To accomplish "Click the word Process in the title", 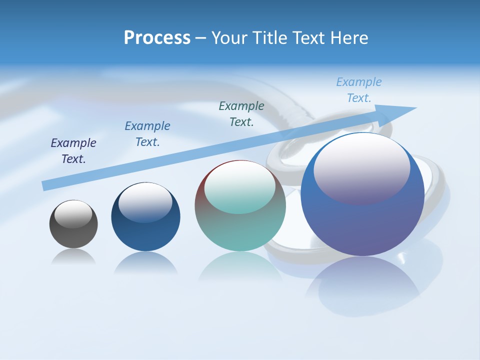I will click(x=157, y=38).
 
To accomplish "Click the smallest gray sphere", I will click(x=73, y=232).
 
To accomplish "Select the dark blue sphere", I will click(x=145, y=230).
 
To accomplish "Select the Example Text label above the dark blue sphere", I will click(x=147, y=134).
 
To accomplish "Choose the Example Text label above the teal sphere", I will click(x=241, y=113).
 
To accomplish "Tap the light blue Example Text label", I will click(x=359, y=90).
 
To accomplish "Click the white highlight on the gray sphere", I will click(x=73, y=214).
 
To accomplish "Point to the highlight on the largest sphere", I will click(x=361, y=167).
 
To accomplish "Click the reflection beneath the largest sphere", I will click(x=362, y=285).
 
